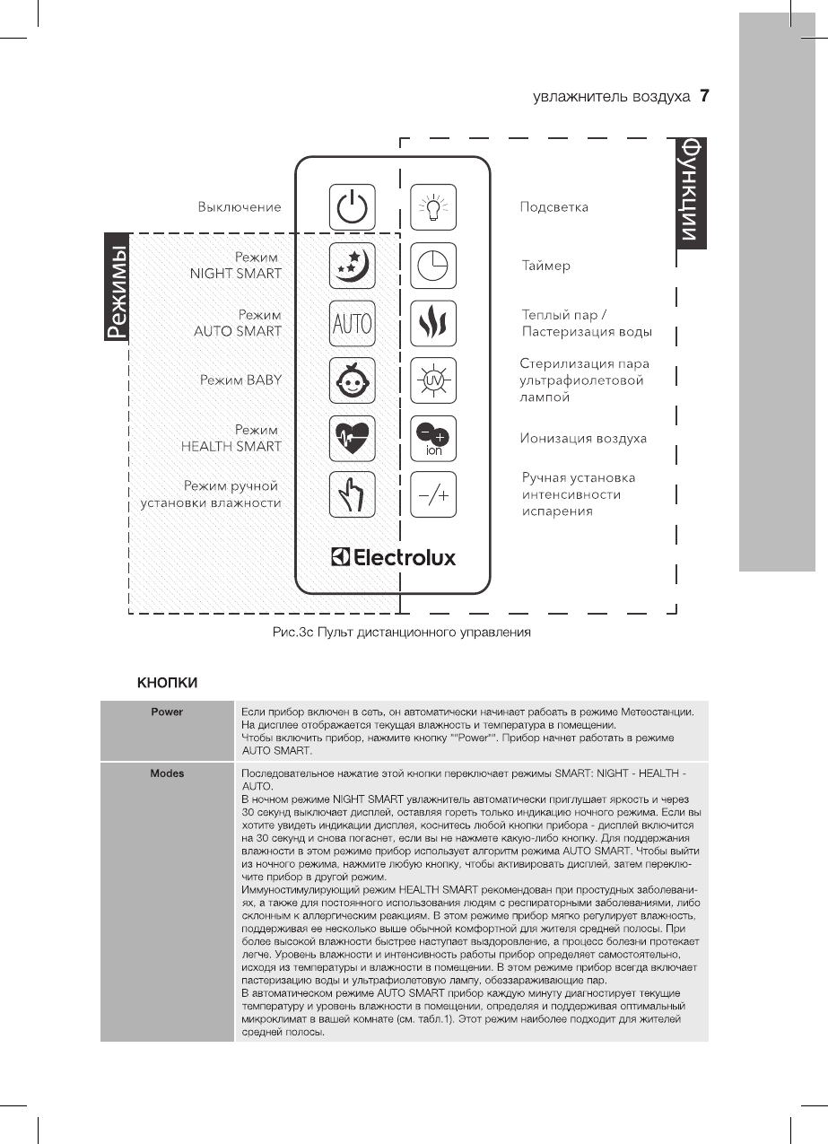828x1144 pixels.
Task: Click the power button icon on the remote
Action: click(x=352, y=207)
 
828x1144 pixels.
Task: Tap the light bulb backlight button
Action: click(x=433, y=207)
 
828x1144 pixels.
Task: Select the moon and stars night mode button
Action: click(x=352, y=265)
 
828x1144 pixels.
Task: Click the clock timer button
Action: click(x=433, y=265)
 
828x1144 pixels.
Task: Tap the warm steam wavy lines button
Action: click(x=433, y=323)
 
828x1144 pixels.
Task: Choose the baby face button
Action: click(x=352, y=380)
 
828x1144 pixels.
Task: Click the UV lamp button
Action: click(x=433, y=380)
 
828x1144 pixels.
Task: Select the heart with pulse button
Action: click(x=352, y=438)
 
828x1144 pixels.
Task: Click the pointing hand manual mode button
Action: click(x=352, y=494)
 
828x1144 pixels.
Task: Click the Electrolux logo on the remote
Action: click(x=393, y=558)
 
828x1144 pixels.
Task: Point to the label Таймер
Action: click(x=546, y=266)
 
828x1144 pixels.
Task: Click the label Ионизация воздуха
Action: click(x=584, y=439)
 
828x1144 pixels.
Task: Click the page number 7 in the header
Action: click(x=704, y=96)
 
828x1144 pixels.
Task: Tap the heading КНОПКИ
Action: click(x=167, y=683)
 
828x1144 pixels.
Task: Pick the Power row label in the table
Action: click(x=167, y=712)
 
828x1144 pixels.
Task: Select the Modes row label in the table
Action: click(x=167, y=773)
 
